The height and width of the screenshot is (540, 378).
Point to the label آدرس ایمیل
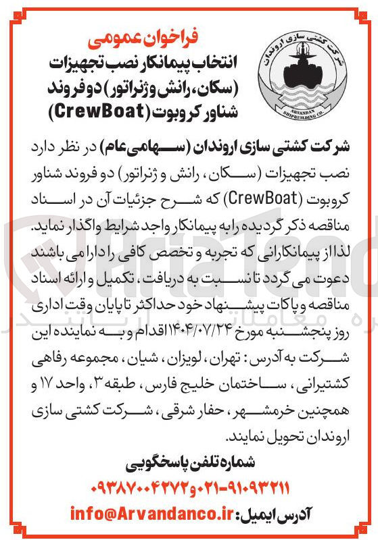tap(277, 513)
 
